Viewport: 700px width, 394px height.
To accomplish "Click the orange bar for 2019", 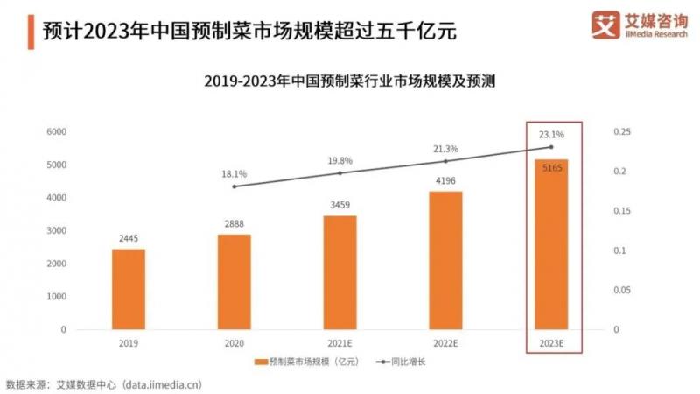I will [x=128, y=289].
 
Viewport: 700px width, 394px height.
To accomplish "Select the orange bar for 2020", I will [x=234, y=282].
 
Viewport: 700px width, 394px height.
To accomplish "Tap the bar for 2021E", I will [x=340, y=272].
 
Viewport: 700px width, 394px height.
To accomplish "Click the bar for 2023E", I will [x=551, y=244].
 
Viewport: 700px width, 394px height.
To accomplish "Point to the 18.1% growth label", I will [x=234, y=174].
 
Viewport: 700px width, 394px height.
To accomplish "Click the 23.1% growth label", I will [x=551, y=135].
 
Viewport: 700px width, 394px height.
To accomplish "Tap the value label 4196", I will [x=445, y=181].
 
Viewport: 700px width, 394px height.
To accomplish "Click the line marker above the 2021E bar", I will [x=340, y=173].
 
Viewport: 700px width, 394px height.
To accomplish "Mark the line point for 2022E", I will [x=445, y=161].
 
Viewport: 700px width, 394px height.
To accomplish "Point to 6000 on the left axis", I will [x=56, y=131].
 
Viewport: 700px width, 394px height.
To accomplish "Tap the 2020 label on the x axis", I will [x=234, y=344].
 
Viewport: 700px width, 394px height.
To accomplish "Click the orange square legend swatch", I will [x=259, y=362].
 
